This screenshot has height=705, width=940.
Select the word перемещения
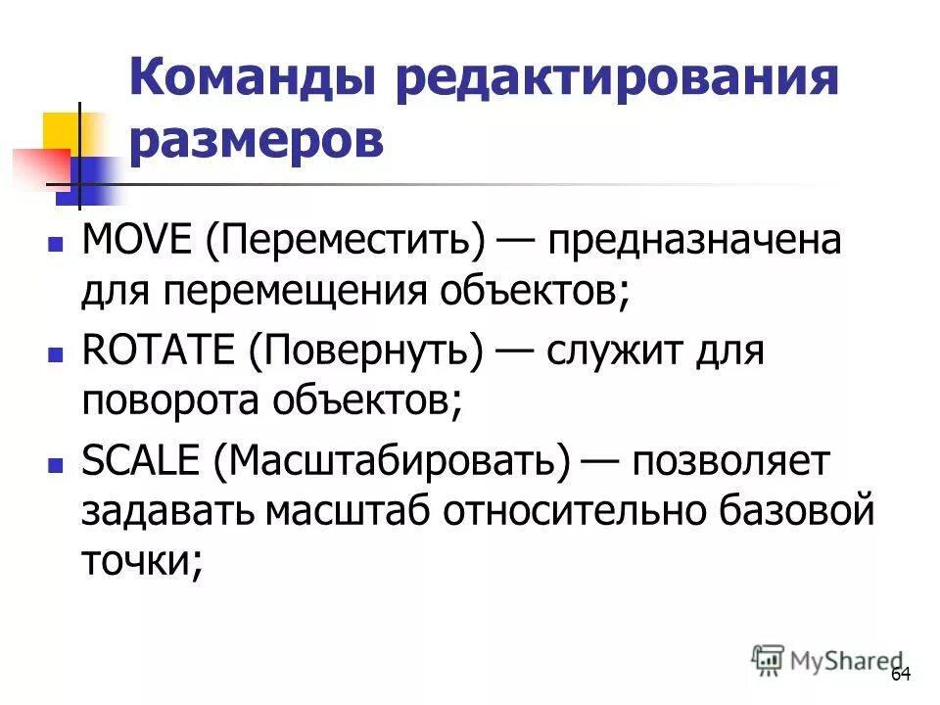(318, 291)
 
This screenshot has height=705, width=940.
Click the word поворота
(172, 402)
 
